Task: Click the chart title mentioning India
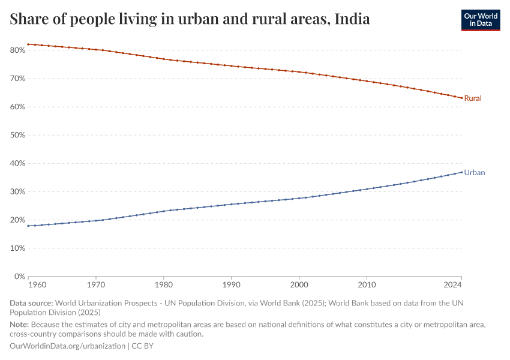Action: point(190,19)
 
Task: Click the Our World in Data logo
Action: point(480,20)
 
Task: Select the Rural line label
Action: point(473,98)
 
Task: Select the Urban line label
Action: point(474,172)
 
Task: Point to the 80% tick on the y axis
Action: point(17,50)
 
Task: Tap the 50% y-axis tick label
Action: point(17,135)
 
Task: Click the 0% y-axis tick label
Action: point(19,277)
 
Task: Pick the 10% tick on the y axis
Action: point(17,248)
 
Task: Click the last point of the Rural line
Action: point(461,98)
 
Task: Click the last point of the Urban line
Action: point(461,172)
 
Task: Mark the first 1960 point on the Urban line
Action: point(28,226)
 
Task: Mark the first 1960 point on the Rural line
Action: point(28,44)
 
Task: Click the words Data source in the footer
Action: point(31,304)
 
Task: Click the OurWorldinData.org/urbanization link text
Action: point(68,346)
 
